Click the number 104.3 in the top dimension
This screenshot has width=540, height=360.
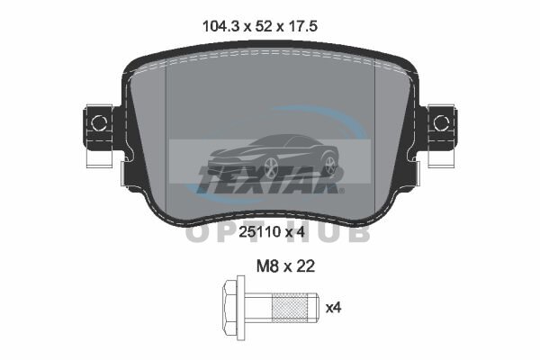(221, 26)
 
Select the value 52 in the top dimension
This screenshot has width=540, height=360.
(263, 26)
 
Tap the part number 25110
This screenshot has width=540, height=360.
(260, 232)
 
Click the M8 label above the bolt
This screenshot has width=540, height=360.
(267, 266)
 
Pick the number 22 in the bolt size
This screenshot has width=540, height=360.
(306, 266)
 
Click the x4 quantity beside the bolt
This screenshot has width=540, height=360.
(333, 308)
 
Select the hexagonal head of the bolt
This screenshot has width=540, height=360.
(230, 307)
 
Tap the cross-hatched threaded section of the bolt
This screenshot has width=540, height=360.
(290, 307)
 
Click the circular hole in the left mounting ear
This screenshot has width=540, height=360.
(99, 123)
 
